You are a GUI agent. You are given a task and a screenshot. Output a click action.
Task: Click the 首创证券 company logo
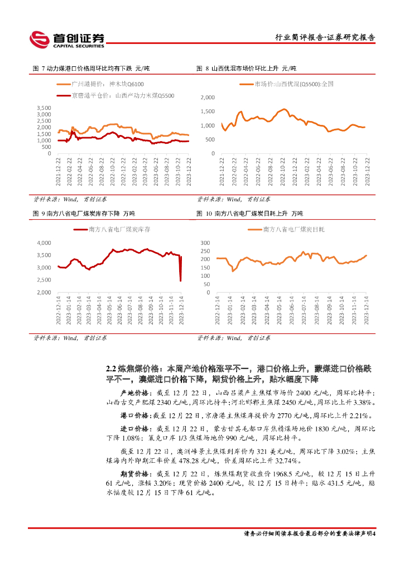66,38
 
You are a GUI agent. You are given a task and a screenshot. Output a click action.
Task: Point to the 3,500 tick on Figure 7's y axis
44,107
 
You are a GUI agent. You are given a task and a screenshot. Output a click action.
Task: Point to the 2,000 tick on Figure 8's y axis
206,97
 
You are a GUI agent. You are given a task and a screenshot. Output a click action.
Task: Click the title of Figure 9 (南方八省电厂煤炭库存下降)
84,214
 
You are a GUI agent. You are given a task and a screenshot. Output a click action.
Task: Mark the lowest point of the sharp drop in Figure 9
180,280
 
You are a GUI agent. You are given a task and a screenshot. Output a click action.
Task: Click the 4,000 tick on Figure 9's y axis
44,243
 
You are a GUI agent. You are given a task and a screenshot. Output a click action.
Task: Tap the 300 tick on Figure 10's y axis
205,243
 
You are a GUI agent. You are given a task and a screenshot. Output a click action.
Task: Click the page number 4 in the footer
374,533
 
